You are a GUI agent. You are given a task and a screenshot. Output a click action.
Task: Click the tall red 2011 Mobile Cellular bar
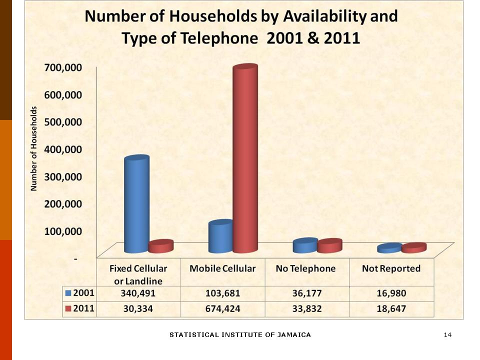[245, 160]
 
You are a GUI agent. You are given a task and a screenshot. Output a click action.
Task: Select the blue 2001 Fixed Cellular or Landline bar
[136, 205]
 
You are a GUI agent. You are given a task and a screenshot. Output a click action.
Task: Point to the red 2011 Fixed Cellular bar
[161, 246]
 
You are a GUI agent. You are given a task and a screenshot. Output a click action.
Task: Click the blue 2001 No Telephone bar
[305, 245]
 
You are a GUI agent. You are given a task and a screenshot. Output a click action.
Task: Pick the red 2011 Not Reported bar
[414, 248]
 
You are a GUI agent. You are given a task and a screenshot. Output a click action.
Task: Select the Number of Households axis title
[34, 149]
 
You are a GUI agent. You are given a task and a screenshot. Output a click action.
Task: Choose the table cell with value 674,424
[222, 308]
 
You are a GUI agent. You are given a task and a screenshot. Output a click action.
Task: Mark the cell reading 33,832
[306, 308]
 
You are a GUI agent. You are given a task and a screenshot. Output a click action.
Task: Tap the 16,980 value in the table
[391, 293]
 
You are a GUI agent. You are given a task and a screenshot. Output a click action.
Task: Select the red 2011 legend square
[68, 308]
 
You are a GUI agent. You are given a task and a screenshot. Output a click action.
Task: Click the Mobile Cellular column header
[222, 268]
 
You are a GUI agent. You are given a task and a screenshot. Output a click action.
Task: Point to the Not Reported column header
[391, 268]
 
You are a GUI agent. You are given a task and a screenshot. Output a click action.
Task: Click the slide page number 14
[447, 334]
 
